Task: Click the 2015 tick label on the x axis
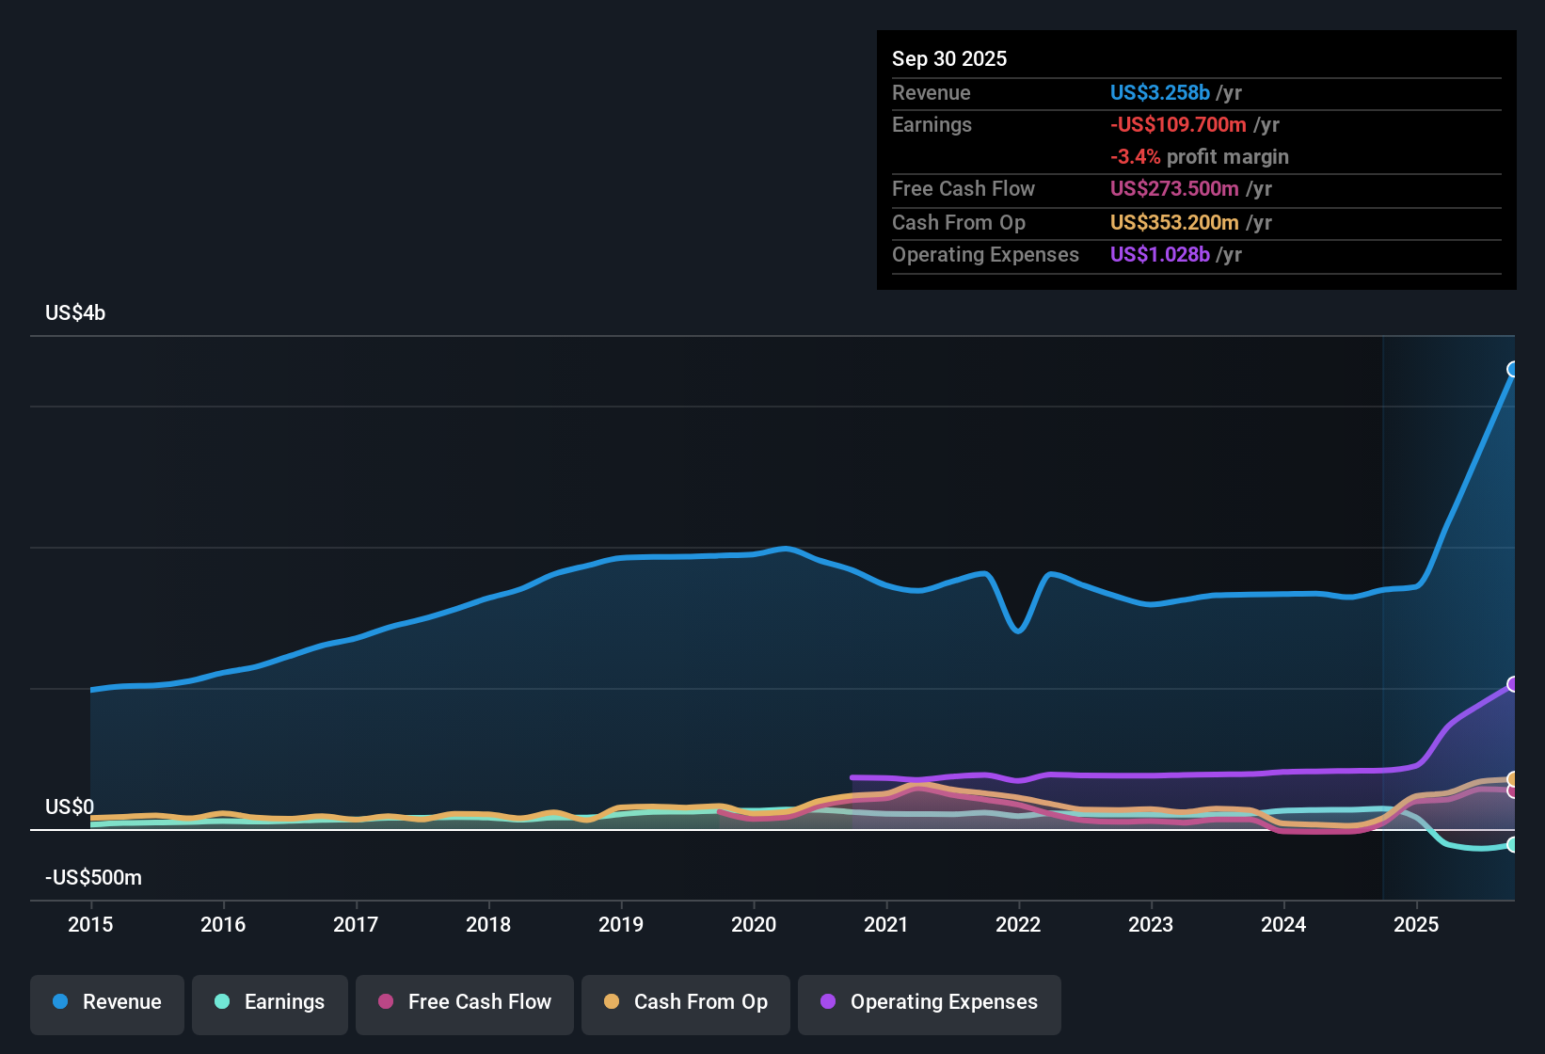pyautogui.click(x=90, y=924)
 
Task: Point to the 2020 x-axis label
pyautogui.click(x=753, y=924)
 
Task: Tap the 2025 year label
pyautogui.click(x=1416, y=924)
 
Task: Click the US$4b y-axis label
pyautogui.click(x=75, y=313)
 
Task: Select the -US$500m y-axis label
pyautogui.click(x=93, y=877)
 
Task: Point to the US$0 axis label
pyautogui.click(x=69, y=806)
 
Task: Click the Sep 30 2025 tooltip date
pyautogui.click(x=949, y=58)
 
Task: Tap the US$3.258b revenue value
pyautogui.click(x=1159, y=92)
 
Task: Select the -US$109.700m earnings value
pyautogui.click(x=1178, y=125)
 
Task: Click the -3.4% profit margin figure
pyautogui.click(x=1136, y=157)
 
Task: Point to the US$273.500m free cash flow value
pyautogui.click(x=1174, y=189)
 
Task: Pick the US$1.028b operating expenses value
pyautogui.click(x=1159, y=254)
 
